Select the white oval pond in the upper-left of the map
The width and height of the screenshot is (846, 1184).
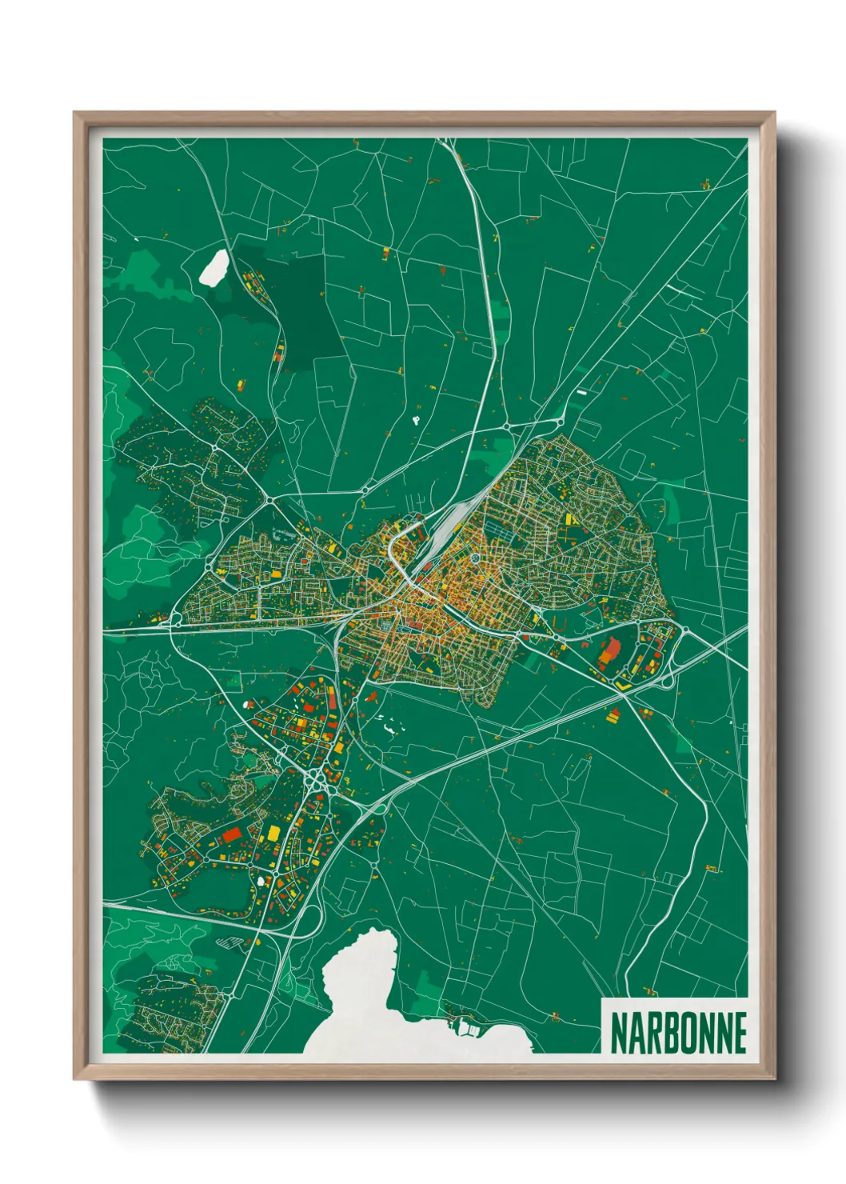213,268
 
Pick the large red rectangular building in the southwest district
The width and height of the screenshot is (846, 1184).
231,834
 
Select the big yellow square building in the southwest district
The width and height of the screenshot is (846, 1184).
273,833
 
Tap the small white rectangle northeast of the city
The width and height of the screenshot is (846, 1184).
581,393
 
